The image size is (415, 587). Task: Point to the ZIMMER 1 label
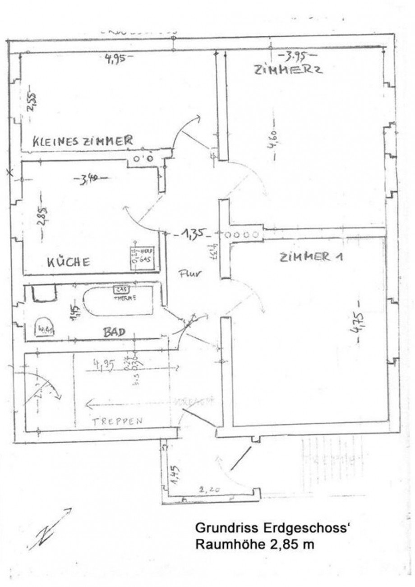(x=311, y=258)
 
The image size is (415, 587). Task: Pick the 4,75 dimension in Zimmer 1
(x=359, y=323)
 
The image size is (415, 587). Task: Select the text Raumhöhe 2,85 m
(x=254, y=545)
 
